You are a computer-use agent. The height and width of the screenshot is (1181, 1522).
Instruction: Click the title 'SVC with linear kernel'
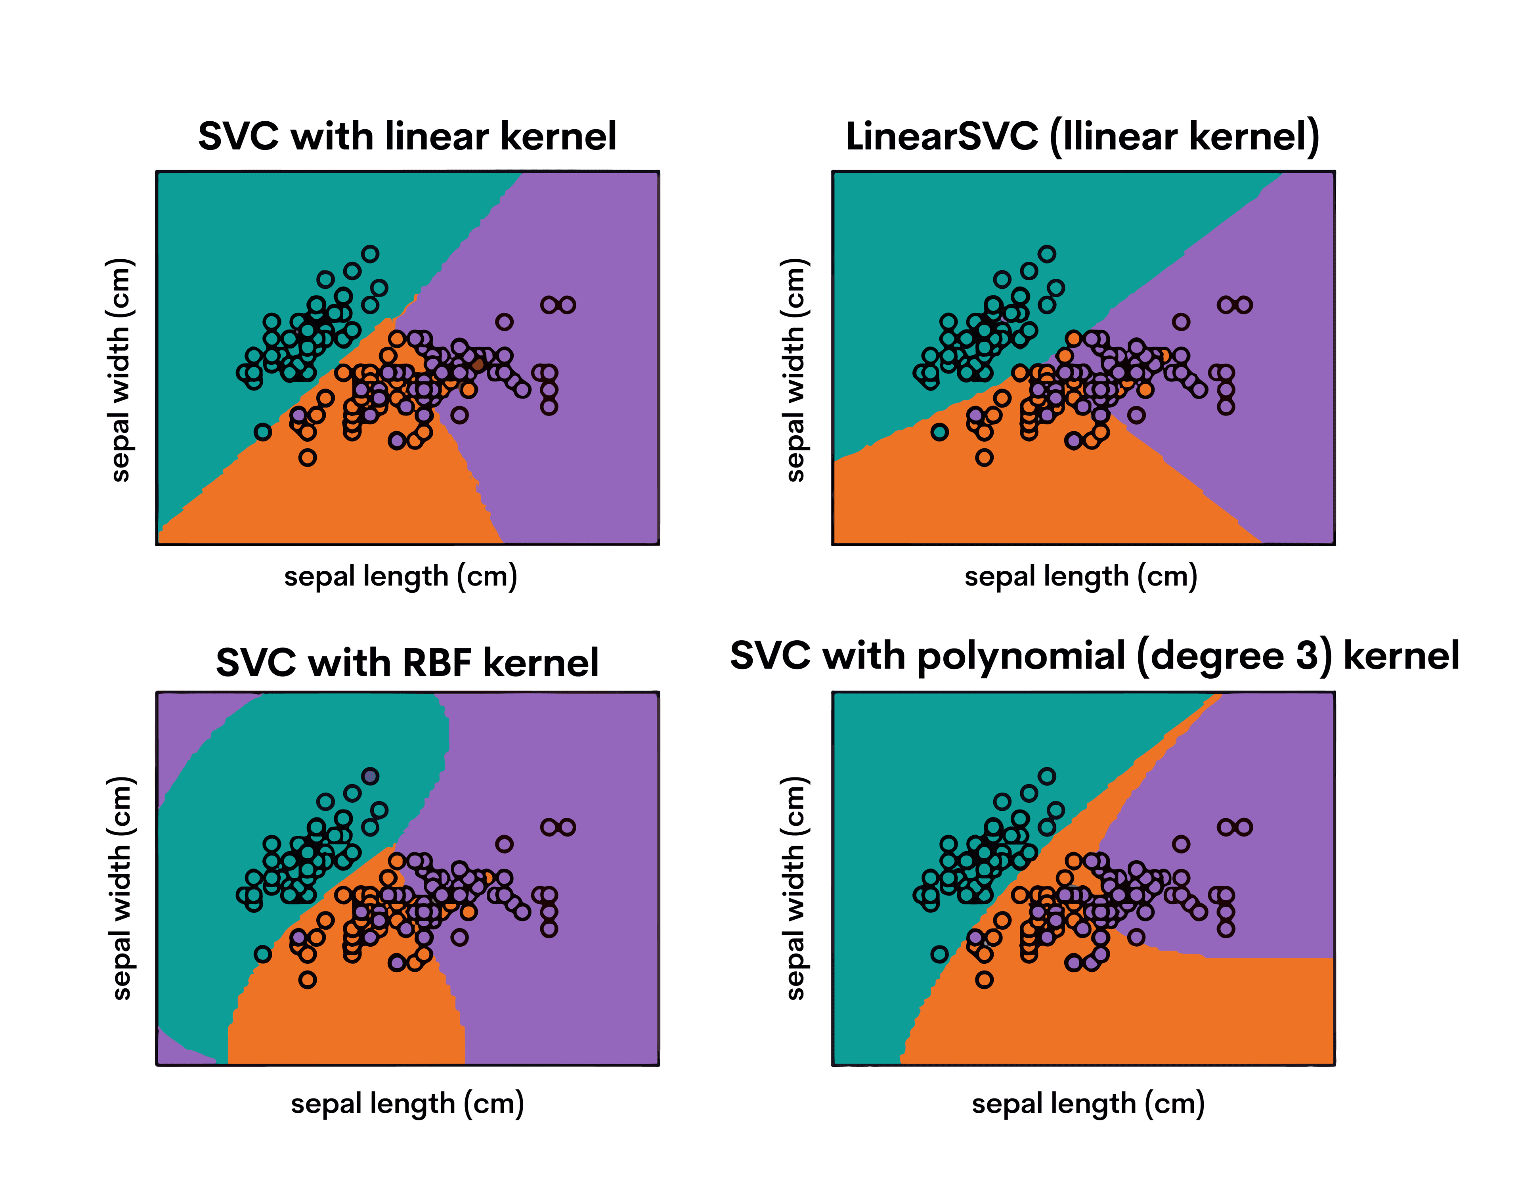tap(407, 136)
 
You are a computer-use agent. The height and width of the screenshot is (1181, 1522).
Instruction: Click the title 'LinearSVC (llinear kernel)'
tap(1082, 136)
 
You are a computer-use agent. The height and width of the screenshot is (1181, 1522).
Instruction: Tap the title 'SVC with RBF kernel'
tap(407, 662)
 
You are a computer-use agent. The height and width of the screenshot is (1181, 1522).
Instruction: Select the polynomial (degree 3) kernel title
tap(1094, 656)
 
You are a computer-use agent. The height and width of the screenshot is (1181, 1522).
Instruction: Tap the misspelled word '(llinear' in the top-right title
tap(1113, 136)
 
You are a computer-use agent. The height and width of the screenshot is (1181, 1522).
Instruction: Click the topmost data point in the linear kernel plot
tap(370, 254)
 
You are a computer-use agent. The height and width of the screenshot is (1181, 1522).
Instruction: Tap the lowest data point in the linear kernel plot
tap(307, 457)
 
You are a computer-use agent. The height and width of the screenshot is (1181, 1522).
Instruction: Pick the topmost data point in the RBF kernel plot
tap(370, 776)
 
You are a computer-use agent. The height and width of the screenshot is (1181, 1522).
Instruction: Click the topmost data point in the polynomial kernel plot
tap(1047, 776)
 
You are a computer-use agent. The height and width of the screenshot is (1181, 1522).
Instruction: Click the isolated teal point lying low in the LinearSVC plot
tap(939, 432)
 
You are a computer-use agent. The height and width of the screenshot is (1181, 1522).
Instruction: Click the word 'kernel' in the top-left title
tap(558, 136)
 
